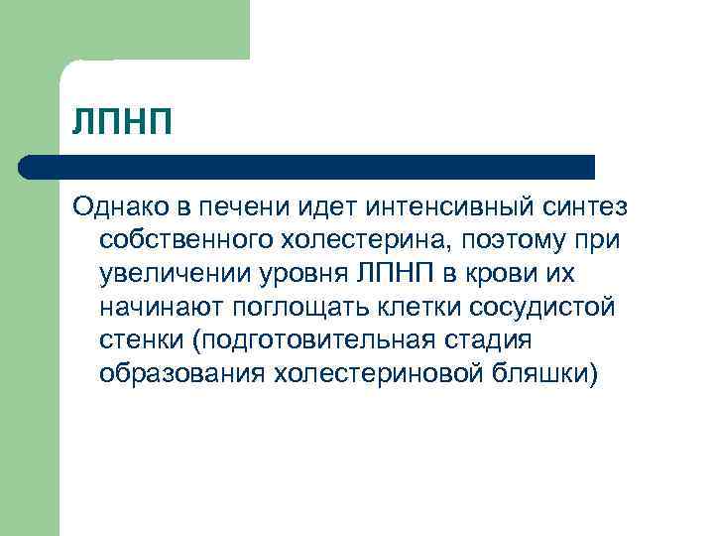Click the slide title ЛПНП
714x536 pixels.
coord(122,122)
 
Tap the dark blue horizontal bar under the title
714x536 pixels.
coord(307,167)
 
